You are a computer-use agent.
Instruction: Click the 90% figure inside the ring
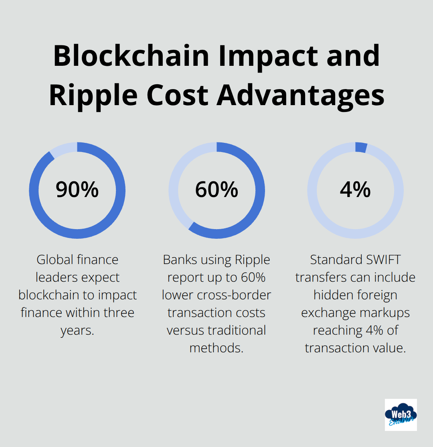pyautogui.click(x=77, y=190)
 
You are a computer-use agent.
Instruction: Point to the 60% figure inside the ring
pyautogui.click(x=216, y=190)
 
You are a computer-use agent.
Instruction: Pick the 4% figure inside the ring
pyautogui.click(x=355, y=190)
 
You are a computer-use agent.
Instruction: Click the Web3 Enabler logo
pyautogui.click(x=401, y=414)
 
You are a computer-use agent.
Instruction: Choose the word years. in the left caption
pyautogui.click(x=77, y=330)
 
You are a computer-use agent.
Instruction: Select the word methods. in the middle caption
pyautogui.click(x=216, y=348)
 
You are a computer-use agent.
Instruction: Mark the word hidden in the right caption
pyautogui.click(x=332, y=295)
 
